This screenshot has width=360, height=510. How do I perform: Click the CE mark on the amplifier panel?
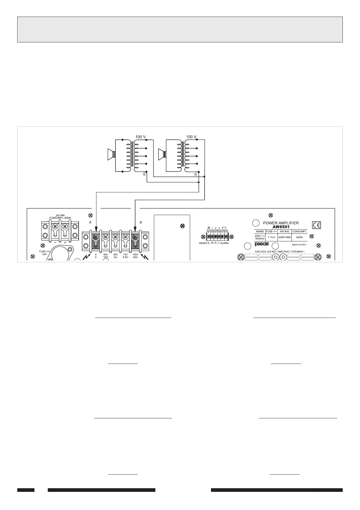tap(316, 225)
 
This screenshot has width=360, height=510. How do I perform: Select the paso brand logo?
tap(260, 244)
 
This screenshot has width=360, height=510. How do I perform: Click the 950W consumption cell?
tap(299, 237)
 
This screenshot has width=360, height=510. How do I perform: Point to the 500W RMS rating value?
tap(284, 237)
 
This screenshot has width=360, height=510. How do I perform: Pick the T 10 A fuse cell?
tap(271, 237)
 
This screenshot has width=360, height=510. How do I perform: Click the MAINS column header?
tap(260, 232)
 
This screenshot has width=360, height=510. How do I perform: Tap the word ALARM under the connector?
tap(224, 243)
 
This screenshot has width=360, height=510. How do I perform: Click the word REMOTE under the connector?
tap(204, 243)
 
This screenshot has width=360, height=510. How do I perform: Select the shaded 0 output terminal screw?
tap(96, 237)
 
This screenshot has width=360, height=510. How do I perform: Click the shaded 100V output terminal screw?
tap(135, 237)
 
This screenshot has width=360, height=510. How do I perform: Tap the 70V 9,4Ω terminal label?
tap(125, 256)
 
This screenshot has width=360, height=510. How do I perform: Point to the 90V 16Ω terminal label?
tap(105, 256)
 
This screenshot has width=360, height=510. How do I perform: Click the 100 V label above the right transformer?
tap(191, 137)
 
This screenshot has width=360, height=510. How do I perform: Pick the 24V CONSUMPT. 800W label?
tap(60, 217)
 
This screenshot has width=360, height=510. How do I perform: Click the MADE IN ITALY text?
tap(299, 245)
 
